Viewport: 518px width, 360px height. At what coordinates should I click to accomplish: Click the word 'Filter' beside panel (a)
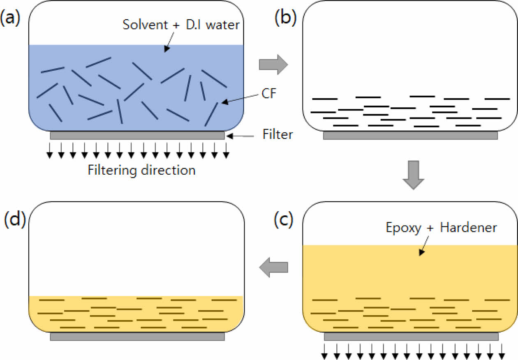(x=277, y=134)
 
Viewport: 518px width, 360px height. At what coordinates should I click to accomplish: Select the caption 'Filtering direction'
(x=141, y=170)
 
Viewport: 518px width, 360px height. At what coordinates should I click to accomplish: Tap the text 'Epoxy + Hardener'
(x=441, y=227)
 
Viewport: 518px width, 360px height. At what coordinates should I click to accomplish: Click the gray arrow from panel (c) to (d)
(x=273, y=268)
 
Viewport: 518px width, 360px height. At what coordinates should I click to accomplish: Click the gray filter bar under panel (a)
(x=137, y=136)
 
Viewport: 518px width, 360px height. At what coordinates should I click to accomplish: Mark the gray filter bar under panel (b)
(x=410, y=136)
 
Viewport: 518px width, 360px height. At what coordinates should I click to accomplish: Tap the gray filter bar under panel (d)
(x=137, y=337)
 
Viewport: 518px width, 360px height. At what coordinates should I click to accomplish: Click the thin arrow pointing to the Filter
(x=243, y=135)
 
